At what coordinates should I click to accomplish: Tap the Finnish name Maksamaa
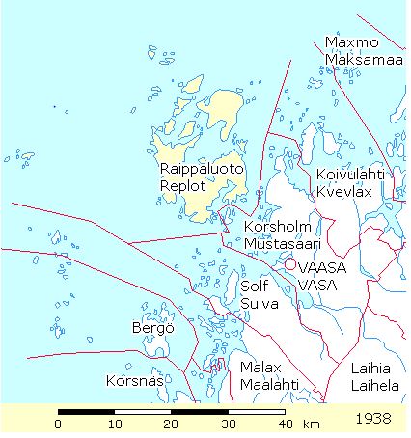point(363,61)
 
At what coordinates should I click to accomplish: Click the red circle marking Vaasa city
point(288,263)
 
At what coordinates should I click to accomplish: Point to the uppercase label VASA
point(316,285)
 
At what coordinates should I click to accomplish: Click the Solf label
point(254,287)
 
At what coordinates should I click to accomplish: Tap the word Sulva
point(259,304)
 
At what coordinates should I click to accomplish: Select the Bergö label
point(151,328)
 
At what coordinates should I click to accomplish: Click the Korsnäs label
point(130,379)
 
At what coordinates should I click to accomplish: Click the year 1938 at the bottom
point(373,420)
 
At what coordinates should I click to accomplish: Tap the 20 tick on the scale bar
point(172,424)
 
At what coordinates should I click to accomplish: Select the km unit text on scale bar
point(312,424)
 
